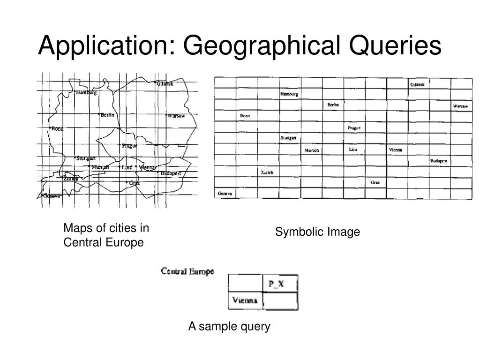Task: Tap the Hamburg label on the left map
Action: tap(86, 93)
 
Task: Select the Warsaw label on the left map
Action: tap(177, 116)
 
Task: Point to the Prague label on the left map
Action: tap(129, 146)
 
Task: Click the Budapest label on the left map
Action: tap(170, 173)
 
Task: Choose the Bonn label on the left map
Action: tap(57, 129)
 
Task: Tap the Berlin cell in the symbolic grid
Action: tap(333, 105)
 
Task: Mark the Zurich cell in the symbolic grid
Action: tap(267, 172)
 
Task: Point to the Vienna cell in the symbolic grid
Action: tap(396, 150)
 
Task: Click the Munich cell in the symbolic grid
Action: tap(312, 150)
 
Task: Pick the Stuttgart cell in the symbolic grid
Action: tap(289, 138)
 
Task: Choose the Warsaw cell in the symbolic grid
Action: tap(460, 106)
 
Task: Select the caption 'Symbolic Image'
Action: tap(317, 232)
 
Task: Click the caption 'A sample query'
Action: tap(229, 326)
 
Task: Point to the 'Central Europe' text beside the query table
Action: tap(187, 271)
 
